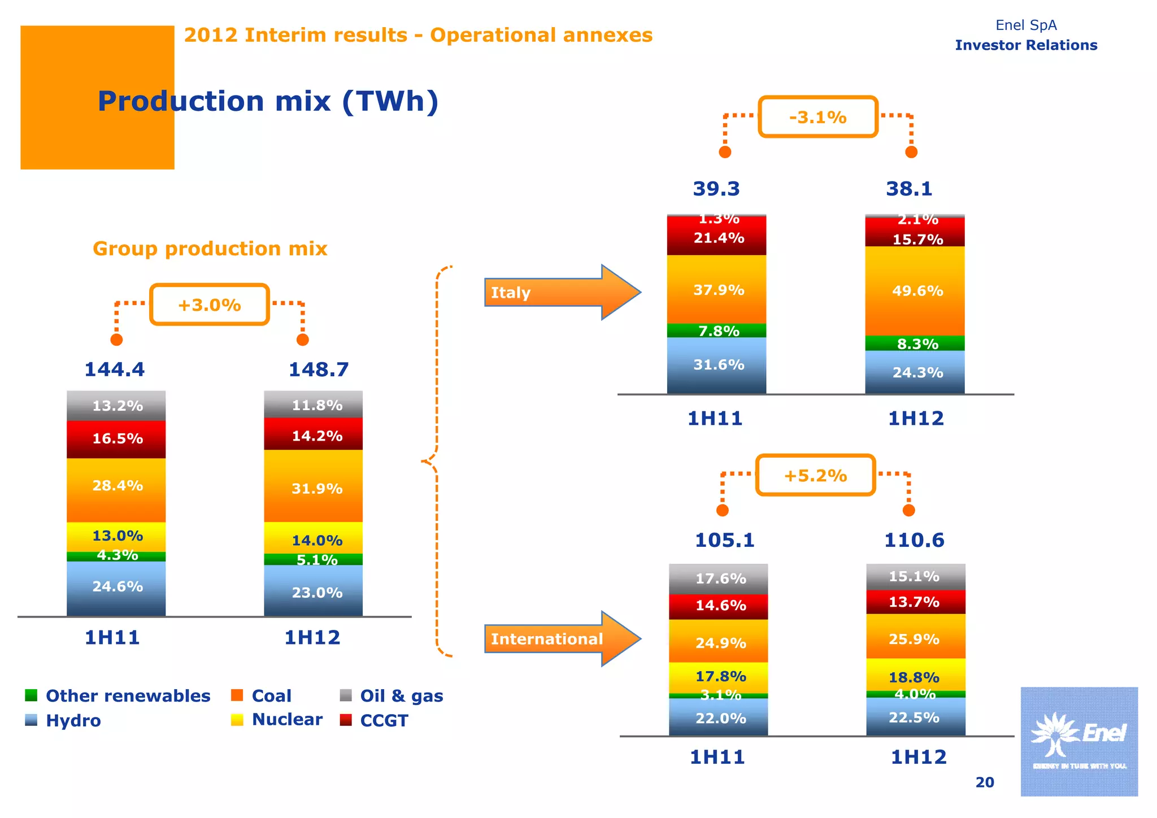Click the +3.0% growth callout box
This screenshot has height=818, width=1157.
(209, 304)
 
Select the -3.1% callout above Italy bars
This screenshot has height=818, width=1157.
(817, 117)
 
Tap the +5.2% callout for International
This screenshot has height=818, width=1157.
(815, 475)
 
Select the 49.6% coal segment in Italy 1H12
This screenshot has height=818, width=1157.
(915, 291)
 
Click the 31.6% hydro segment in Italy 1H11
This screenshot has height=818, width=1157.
(716, 365)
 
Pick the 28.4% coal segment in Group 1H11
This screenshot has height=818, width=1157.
(116, 486)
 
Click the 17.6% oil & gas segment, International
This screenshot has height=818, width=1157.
(719, 578)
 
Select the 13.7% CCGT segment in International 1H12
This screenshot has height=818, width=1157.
(915, 602)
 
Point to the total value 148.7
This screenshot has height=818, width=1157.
(319, 369)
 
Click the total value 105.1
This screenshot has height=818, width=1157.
(724, 540)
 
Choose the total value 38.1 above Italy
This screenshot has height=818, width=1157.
(908, 189)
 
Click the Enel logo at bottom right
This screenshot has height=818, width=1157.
(1078, 741)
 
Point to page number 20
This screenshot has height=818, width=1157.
(984, 782)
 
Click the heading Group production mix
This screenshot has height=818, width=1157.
(210, 249)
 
